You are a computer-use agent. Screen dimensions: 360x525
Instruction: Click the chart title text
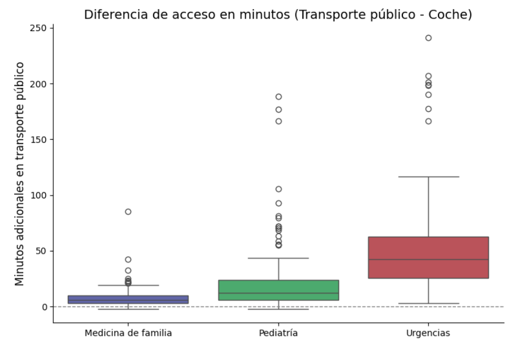[277, 15]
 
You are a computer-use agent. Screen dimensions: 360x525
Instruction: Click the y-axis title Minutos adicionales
[20, 174]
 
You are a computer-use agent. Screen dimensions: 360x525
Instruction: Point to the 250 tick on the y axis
[40, 28]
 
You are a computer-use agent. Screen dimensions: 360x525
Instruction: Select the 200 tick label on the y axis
[40, 84]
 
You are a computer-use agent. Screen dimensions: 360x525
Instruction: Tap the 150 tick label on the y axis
[40, 140]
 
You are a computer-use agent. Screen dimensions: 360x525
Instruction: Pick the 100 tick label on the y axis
[40, 196]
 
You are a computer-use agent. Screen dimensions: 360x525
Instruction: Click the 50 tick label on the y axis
[42, 251]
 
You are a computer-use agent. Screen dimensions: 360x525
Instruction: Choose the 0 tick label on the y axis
[45, 307]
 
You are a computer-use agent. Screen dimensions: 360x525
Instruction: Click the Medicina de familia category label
[128, 333]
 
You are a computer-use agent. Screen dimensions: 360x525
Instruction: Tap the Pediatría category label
[278, 333]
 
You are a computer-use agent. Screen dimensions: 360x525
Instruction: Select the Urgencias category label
[428, 333]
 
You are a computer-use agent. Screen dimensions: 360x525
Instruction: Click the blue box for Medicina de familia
[128, 300]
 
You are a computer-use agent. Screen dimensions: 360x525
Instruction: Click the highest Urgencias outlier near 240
[428, 38]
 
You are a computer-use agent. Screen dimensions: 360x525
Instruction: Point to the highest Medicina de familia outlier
[128, 212]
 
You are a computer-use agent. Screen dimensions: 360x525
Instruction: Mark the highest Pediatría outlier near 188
[279, 97]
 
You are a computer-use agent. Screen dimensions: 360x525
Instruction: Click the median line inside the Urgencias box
[428, 259]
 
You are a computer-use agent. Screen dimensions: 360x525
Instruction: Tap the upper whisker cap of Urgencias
[428, 177]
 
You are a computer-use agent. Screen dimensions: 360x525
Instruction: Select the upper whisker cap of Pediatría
[278, 258]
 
